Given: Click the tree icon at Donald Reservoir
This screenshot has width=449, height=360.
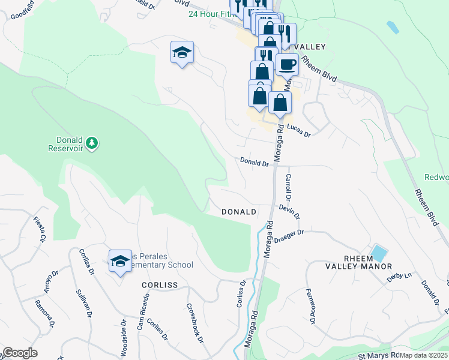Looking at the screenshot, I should coord(92,143).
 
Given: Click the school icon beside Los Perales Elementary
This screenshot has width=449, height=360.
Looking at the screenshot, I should coord(120,261).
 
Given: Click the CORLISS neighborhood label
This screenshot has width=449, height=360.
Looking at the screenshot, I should coord(160,285).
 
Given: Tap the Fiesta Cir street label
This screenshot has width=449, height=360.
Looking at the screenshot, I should coord(40,229).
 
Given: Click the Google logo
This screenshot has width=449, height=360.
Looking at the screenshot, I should coord(20,353).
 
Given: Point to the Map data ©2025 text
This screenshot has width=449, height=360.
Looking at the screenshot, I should coord(423,355).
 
